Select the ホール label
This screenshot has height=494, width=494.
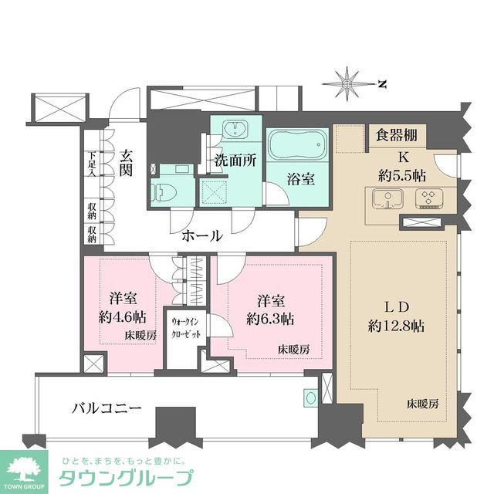point(202,235)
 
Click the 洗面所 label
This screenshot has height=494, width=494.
point(235,163)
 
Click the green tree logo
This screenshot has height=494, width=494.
point(25,468)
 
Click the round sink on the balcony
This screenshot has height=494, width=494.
point(310,398)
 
